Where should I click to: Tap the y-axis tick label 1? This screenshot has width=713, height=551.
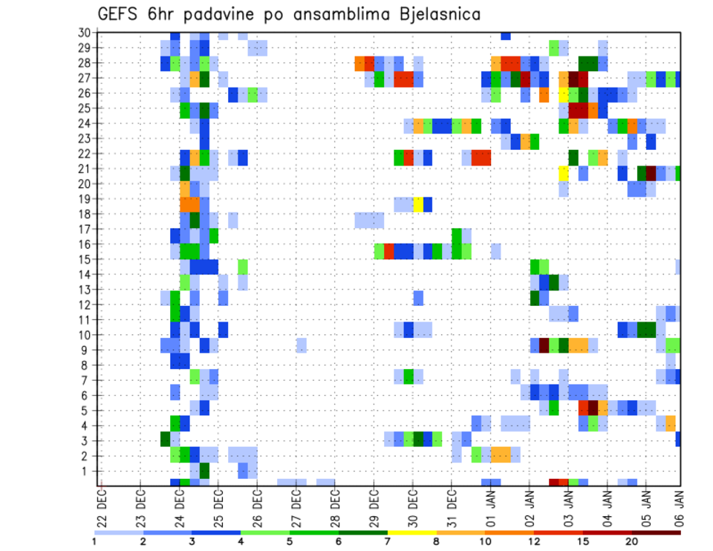85,471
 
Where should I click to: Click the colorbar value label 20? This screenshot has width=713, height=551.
631,541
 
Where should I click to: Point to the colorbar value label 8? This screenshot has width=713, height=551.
437,541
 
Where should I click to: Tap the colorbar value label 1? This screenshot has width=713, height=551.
94,541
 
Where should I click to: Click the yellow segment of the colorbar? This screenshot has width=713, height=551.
412,532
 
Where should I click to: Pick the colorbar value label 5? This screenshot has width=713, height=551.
290,541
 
